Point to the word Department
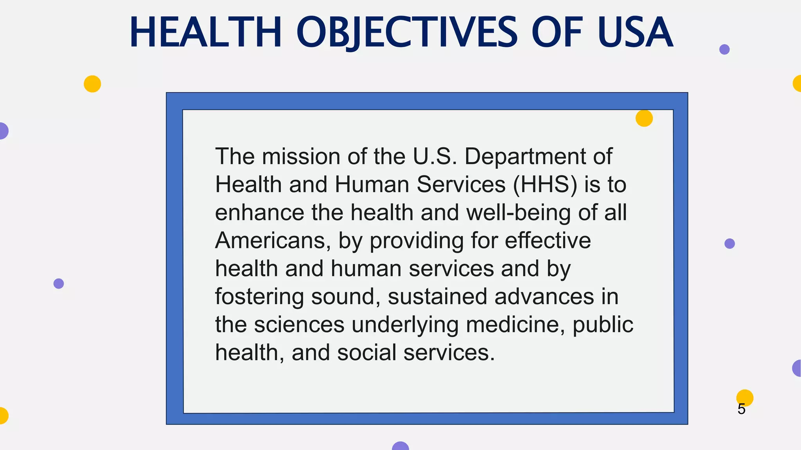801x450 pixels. (x=525, y=156)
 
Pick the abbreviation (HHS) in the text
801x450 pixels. (x=545, y=184)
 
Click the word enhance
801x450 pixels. (x=259, y=212)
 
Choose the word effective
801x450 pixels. (x=548, y=241)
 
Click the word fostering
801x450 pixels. (x=259, y=297)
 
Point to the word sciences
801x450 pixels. (x=299, y=325)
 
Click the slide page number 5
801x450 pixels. (x=742, y=409)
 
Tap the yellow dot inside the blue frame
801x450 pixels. (x=644, y=118)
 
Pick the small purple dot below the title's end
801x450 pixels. (x=724, y=50)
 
